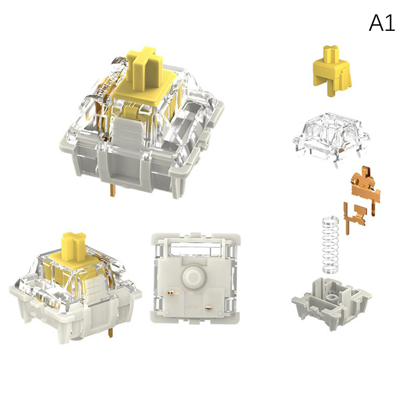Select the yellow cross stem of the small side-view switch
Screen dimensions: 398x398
(x=74, y=244)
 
